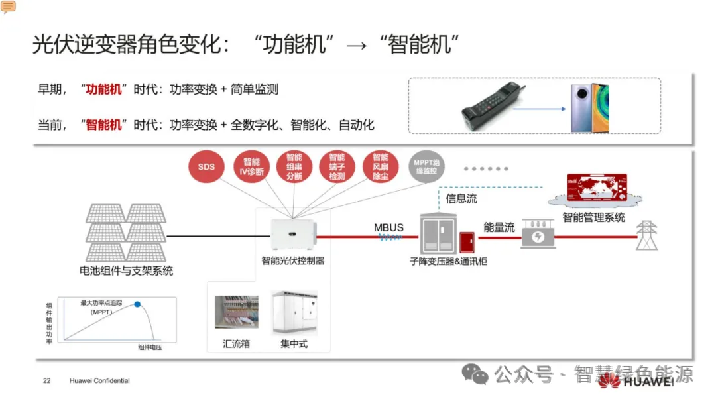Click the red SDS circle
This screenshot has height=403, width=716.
point(206,167)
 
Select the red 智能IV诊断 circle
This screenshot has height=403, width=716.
point(251,167)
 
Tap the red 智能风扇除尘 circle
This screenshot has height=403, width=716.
point(381,167)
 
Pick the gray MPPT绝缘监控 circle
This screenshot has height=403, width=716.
point(426,167)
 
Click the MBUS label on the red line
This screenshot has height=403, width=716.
point(388,227)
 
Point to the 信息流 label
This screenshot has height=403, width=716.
point(461,198)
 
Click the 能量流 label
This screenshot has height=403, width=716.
point(499,227)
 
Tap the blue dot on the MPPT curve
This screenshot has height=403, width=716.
point(138,304)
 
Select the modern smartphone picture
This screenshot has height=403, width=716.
point(590,108)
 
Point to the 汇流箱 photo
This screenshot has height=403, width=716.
point(237,312)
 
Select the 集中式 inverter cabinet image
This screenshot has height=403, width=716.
point(294,311)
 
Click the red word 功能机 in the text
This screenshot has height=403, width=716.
point(104,89)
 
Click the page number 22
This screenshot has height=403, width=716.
point(46,381)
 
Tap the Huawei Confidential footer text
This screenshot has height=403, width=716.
point(99,381)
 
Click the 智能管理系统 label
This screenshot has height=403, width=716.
point(593,217)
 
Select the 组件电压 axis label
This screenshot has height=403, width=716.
point(150,347)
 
